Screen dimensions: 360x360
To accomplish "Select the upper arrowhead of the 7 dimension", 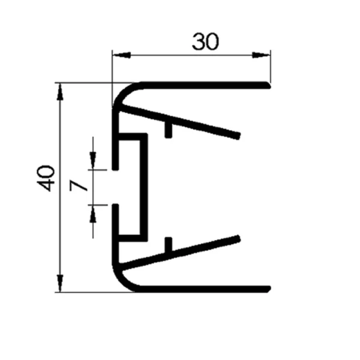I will [93, 162].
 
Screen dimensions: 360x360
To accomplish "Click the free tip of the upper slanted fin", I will [239, 135].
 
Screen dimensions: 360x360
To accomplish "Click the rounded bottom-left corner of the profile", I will [122, 279].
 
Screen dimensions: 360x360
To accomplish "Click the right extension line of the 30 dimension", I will [269, 66].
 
